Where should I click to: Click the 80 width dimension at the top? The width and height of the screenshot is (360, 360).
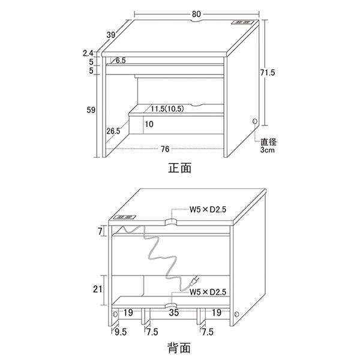pos(196,14)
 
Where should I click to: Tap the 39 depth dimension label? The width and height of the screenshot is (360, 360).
pos(111,35)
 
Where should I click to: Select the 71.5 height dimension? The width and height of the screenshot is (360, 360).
pos(268,73)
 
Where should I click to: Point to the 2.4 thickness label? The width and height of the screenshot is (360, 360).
pos(88,53)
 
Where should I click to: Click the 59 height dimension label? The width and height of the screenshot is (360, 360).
pos(91,110)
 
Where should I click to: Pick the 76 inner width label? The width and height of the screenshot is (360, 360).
pos(165,149)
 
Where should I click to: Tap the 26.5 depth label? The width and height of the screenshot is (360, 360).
pos(113,131)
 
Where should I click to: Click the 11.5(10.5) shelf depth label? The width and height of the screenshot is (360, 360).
pos(167,109)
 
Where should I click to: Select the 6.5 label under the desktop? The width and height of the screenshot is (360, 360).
pos(121,61)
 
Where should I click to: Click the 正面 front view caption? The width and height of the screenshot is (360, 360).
pos(180,168)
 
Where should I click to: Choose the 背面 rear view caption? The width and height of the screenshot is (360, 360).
pos(179,348)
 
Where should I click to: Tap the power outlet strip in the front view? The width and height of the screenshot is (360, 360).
pos(242,23)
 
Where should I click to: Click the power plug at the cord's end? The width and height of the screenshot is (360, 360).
pos(194,281)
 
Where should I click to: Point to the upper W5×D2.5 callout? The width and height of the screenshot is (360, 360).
pos(208,209)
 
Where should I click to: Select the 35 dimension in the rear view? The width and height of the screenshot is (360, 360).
pos(174,313)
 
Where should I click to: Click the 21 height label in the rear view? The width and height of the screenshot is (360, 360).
pos(97,289)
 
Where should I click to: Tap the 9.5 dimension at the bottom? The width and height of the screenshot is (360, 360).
pos(121,332)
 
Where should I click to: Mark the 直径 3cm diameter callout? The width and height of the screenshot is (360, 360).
pos(268,146)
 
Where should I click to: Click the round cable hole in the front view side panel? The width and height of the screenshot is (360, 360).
pos(254,121)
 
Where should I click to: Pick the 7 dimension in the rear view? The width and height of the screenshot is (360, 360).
pos(100,231)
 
